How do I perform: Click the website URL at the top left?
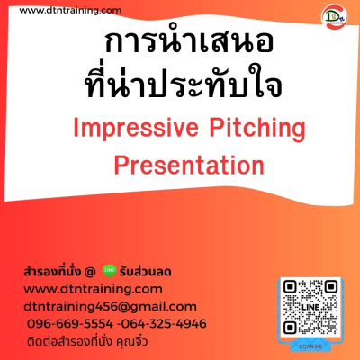click(70, 11)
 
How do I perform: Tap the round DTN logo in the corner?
click(334, 17)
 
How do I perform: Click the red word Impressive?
click(136, 128)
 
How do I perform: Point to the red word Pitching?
click(257, 130)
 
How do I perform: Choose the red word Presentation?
click(189, 166)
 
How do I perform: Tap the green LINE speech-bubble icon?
click(109, 271)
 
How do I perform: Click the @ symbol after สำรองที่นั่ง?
click(90, 272)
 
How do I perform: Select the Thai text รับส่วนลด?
click(145, 272)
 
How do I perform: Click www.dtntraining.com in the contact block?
click(93, 289)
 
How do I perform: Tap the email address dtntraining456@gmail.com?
click(110, 307)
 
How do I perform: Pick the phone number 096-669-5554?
click(70, 324)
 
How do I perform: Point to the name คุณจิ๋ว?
click(132, 341)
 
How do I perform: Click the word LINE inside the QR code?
click(310, 307)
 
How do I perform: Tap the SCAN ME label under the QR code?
click(310, 346)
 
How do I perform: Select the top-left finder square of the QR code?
click(290, 287)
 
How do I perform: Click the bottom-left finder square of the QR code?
click(290, 327)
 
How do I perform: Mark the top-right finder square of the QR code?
click(331, 287)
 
